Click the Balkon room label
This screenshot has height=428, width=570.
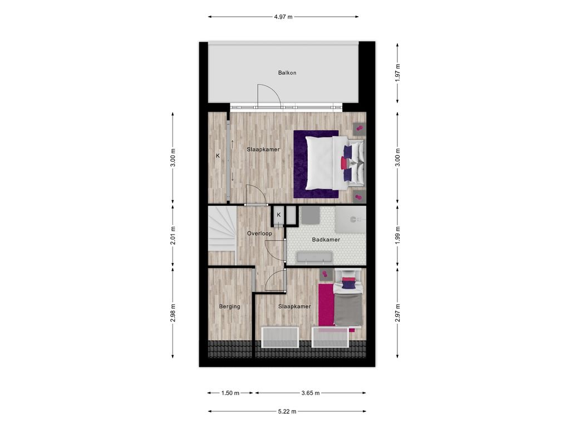[287, 73]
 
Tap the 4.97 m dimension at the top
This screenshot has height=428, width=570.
[283, 17]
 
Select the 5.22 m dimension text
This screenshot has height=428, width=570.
[287, 412]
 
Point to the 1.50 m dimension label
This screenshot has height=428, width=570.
[230, 393]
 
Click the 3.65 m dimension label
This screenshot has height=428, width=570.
[311, 393]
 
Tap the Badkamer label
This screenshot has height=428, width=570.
[326, 240]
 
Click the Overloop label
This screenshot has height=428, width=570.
[259, 234]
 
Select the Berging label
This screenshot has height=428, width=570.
[229, 307]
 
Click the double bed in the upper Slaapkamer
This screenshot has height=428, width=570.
[335, 163]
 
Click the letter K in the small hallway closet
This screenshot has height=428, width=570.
[279, 215]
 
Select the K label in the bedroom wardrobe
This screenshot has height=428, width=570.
[218, 156]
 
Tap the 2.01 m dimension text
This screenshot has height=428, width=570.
[173, 236]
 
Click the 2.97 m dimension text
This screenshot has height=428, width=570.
[397, 313]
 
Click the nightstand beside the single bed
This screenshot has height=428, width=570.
[326, 274]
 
